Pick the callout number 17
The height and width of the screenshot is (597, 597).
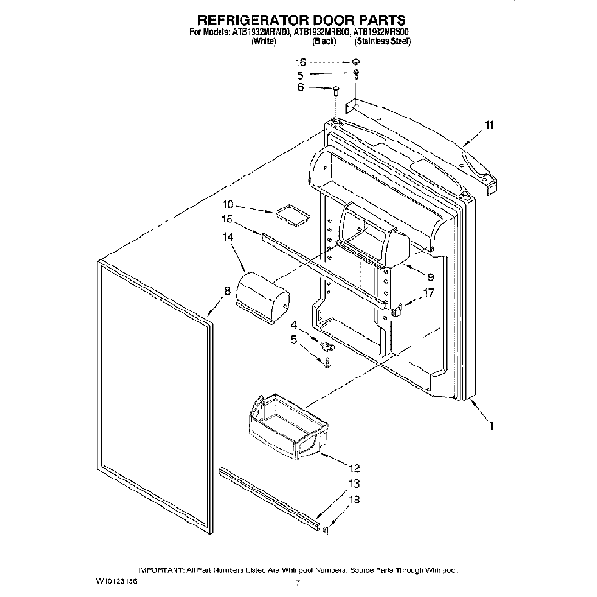point(427,294)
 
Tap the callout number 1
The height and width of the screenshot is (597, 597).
point(492,424)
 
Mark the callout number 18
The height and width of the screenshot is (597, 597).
point(355,500)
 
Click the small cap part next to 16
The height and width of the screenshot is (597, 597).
point(355,62)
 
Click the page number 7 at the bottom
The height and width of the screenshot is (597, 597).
point(298,582)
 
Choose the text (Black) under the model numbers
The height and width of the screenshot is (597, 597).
point(324,41)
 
